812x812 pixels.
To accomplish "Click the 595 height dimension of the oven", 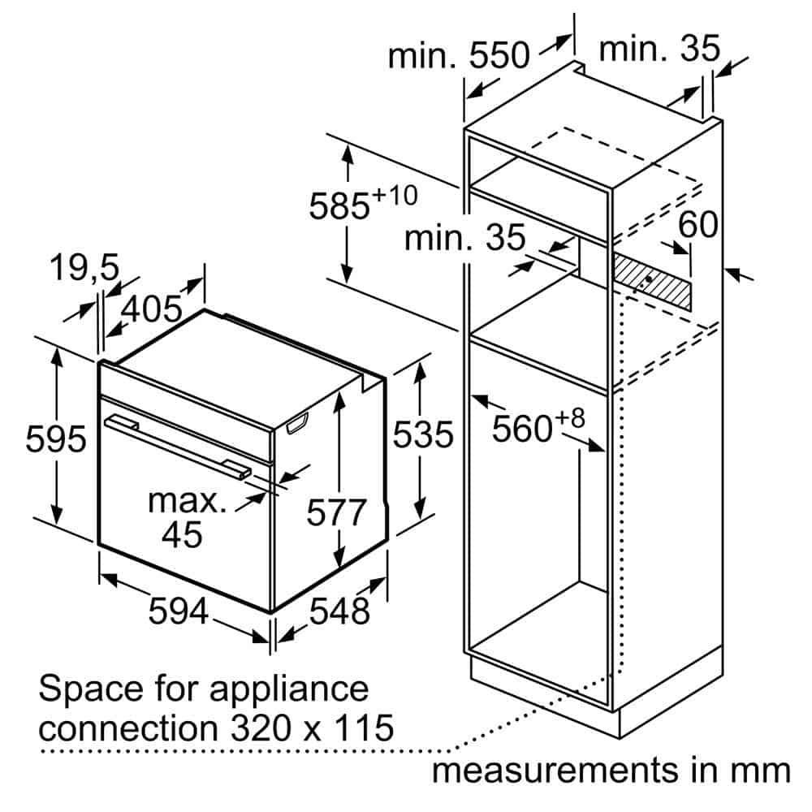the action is (x=56, y=439).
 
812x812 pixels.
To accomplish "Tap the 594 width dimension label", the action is (x=179, y=611).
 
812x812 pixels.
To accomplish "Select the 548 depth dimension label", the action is (x=339, y=611).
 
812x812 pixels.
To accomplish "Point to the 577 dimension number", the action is (x=336, y=512).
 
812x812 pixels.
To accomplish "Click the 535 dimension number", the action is (x=422, y=434).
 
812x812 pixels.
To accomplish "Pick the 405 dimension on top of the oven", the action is (x=152, y=309).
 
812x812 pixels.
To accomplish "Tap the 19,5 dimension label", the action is (x=84, y=268).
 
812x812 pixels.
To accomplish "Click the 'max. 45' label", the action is (x=187, y=518).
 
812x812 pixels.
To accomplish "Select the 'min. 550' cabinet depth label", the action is (x=459, y=55).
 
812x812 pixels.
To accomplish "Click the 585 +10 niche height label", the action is (x=362, y=203).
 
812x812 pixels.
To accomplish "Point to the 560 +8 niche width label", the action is (x=538, y=426).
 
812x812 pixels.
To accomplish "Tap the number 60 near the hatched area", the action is (x=698, y=224).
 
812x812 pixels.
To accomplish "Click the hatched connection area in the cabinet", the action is (x=652, y=283).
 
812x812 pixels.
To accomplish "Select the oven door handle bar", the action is (x=178, y=447).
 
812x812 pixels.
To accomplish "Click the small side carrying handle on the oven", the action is (x=297, y=423).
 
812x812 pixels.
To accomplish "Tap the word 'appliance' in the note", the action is (x=288, y=689).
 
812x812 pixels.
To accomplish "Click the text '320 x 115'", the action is (x=312, y=728).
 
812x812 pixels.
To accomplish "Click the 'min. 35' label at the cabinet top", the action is (x=659, y=50).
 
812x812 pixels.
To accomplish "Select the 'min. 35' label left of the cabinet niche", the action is (x=464, y=238).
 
